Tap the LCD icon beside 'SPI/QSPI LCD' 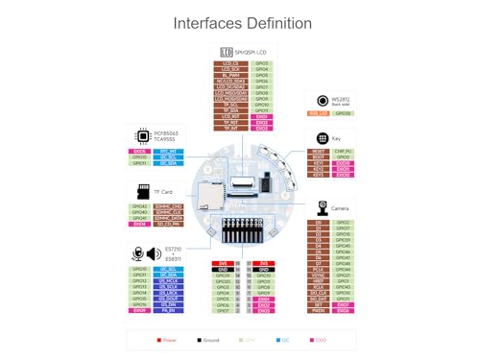click(228, 52)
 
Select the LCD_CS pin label click(230, 62)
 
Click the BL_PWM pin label click(230, 75)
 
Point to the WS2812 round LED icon click(323, 101)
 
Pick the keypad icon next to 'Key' click(322, 138)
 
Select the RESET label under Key click(320, 151)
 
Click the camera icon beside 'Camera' click(324, 206)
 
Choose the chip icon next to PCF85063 click(143, 137)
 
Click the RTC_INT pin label click(168, 151)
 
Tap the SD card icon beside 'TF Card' click(143, 192)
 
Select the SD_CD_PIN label click(168, 224)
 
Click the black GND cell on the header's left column click(224, 269)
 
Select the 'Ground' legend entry click(210, 340)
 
